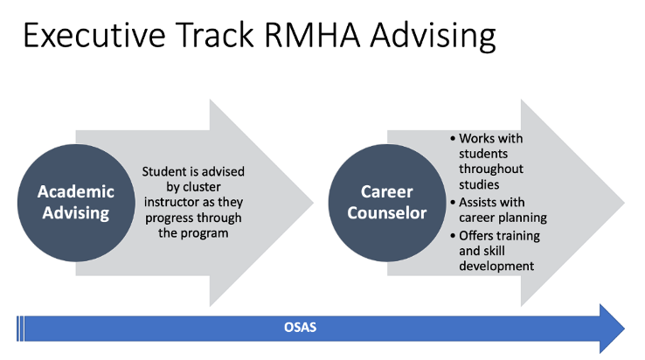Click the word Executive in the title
(x=94, y=35)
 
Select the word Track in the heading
(x=215, y=35)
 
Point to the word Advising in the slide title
(x=433, y=37)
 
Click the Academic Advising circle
(x=76, y=203)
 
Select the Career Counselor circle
(x=387, y=203)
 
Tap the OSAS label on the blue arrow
(x=301, y=328)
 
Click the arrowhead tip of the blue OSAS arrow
(x=624, y=329)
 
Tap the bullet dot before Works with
(x=453, y=139)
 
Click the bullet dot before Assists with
(x=453, y=203)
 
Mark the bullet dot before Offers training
(x=453, y=236)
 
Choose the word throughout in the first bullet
(x=491, y=170)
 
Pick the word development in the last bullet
(x=496, y=267)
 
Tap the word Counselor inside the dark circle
(x=387, y=213)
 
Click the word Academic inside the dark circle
(x=76, y=191)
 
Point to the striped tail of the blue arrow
(x=20, y=329)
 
